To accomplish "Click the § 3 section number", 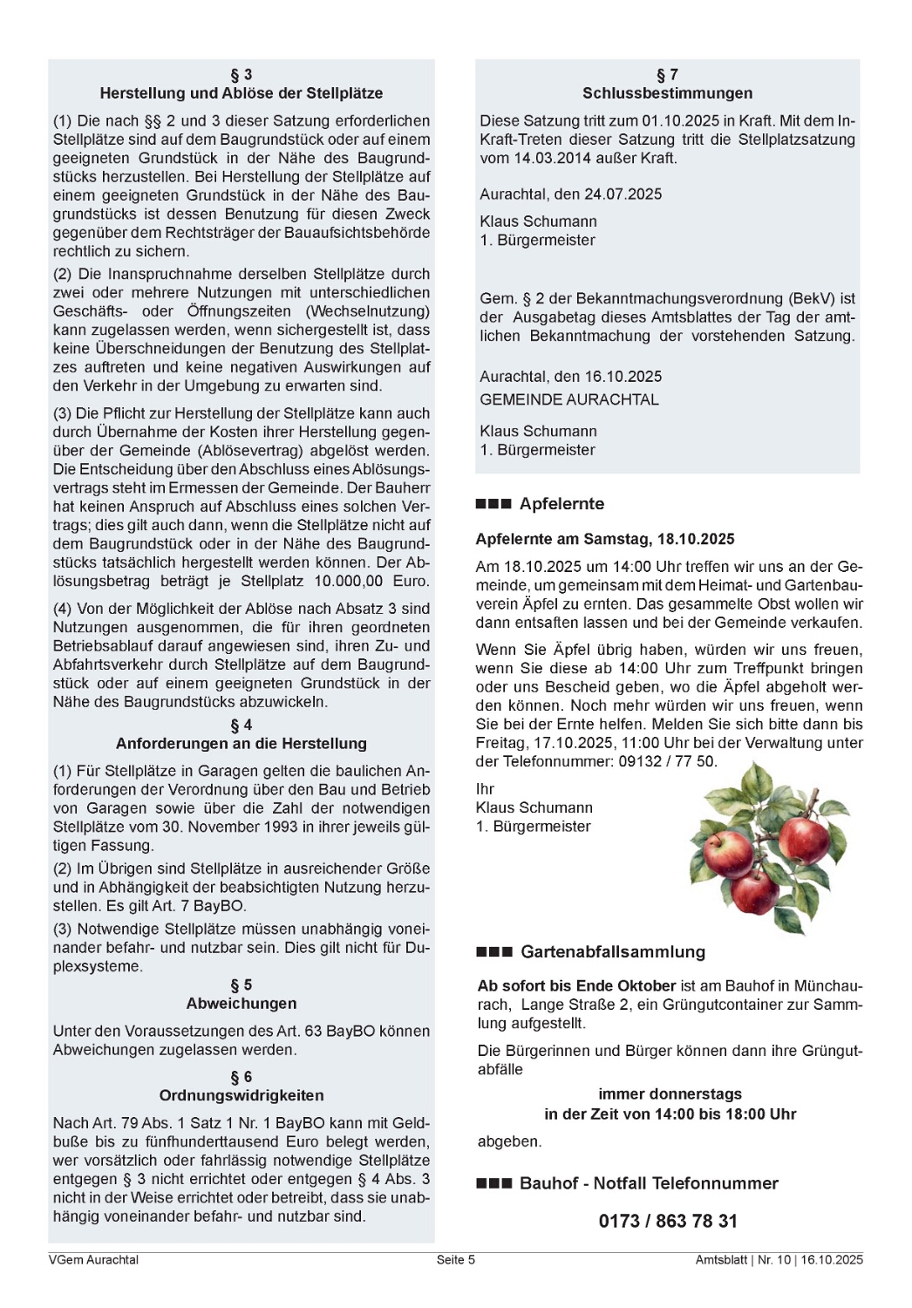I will (242, 75).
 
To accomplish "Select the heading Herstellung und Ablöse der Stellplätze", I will (242, 93).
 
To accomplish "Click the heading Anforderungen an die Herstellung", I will (242, 744).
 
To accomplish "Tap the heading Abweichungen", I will (242, 1004).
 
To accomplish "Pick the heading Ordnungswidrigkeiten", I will (242, 1096).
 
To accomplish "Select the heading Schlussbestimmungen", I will (668, 93).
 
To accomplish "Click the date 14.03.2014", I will (548, 159).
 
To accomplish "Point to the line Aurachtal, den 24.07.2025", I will (571, 194).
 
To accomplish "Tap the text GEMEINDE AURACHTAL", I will (569, 400).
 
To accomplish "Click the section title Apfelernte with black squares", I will (561, 504).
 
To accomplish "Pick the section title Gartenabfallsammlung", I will (613, 952).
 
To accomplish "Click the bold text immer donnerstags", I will (670, 1094).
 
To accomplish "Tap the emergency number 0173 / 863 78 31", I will (668, 1222).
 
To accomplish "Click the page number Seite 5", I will (456, 1260).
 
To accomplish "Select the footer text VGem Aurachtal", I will (94, 1260).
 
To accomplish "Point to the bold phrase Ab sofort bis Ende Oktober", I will (577, 986).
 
